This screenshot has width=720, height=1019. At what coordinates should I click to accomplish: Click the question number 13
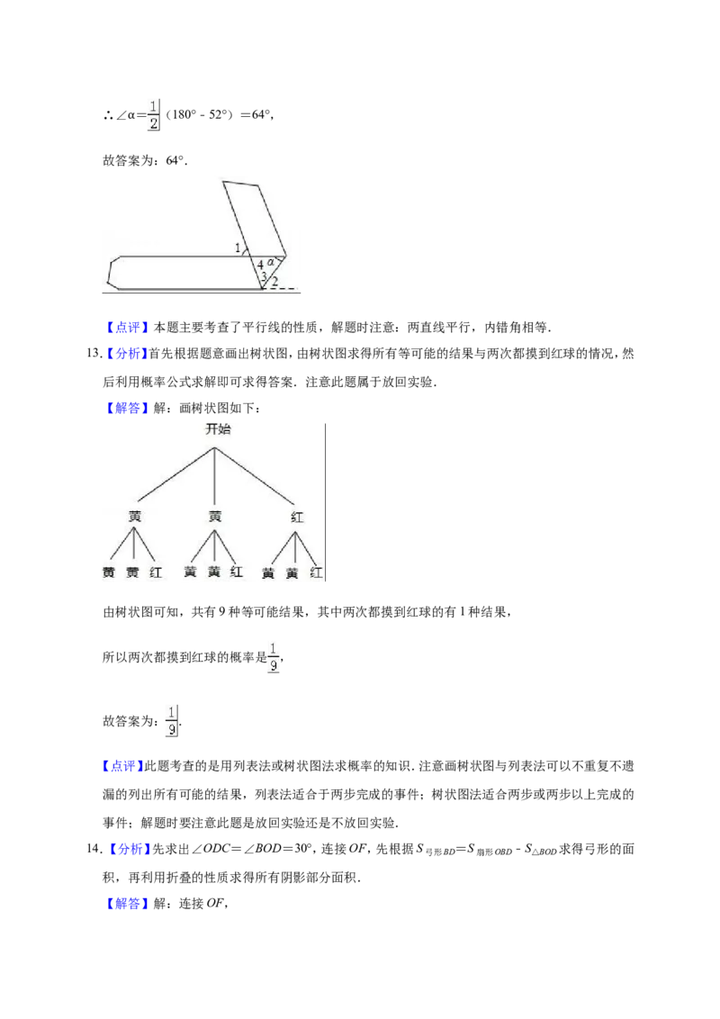(x=93, y=354)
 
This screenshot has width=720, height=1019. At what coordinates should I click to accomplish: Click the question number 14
(x=93, y=849)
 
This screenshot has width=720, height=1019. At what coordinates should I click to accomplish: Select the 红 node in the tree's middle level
(x=297, y=518)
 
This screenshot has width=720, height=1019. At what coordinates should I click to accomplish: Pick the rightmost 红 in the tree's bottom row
(x=317, y=573)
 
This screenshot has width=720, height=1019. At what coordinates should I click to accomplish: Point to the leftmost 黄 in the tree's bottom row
(x=109, y=573)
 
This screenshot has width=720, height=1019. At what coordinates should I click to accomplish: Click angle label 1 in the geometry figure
(x=238, y=248)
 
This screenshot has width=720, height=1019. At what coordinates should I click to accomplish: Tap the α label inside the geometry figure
(x=271, y=262)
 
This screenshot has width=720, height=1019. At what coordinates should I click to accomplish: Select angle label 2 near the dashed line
(x=274, y=282)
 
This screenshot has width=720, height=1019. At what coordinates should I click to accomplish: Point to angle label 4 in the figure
(x=261, y=266)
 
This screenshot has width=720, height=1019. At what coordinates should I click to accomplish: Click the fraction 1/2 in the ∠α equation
(x=153, y=115)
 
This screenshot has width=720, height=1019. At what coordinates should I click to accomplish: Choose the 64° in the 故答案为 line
(x=175, y=160)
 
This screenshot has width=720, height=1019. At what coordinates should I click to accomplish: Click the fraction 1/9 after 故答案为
(x=172, y=721)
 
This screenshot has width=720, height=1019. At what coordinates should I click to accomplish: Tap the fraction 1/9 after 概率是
(x=274, y=657)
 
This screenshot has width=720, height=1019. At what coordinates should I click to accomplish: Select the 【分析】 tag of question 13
(x=126, y=354)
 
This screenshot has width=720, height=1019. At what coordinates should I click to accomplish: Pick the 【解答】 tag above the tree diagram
(x=126, y=408)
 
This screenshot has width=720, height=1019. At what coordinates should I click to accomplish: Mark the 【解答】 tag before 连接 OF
(x=126, y=903)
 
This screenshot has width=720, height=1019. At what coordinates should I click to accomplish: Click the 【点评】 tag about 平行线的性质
(x=126, y=328)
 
